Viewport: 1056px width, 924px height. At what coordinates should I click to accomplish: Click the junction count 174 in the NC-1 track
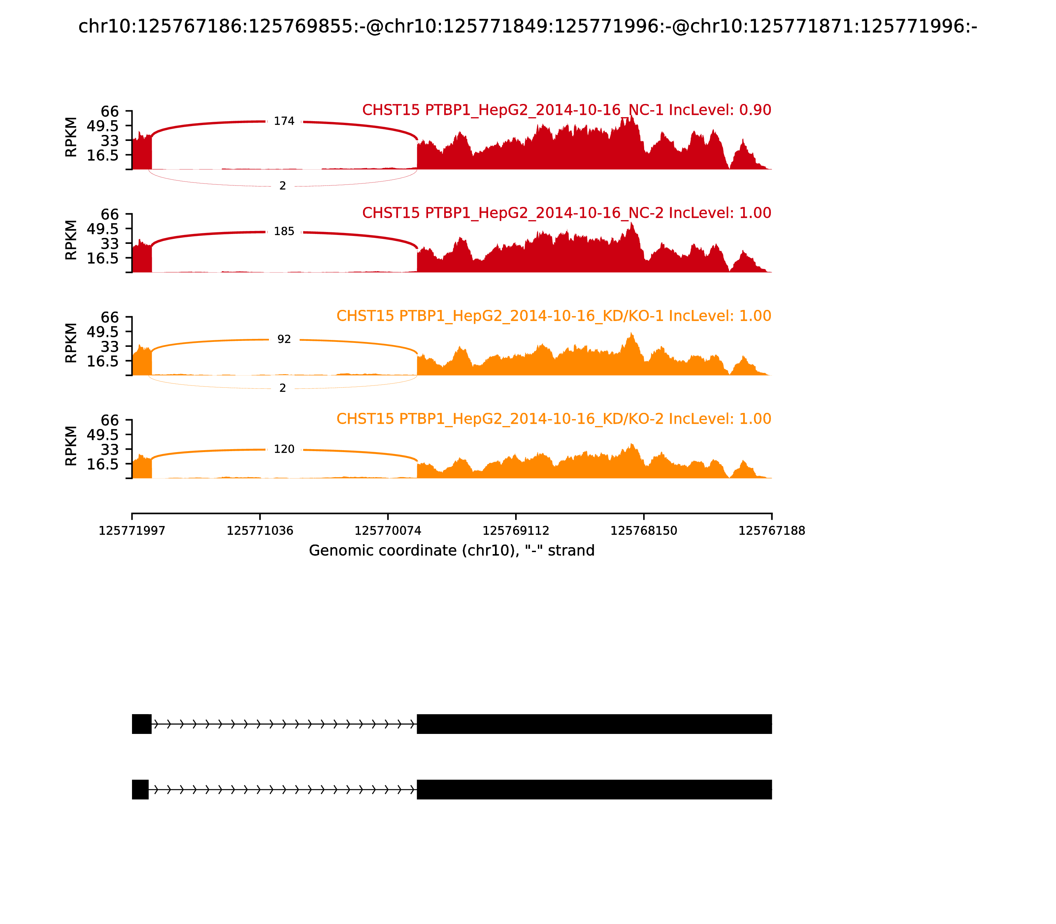pos(283,121)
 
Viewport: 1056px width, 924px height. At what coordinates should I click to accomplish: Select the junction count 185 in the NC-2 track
pos(283,232)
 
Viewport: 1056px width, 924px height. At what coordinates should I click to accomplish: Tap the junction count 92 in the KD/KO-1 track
pos(283,339)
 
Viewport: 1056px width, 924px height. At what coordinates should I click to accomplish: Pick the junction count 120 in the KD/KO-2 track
pos(283,449)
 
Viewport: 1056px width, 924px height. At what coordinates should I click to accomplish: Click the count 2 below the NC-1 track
pos(282,185)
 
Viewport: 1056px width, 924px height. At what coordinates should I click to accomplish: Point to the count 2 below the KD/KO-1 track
pos(282,388)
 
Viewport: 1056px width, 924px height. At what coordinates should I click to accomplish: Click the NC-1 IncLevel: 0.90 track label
pos(566,110)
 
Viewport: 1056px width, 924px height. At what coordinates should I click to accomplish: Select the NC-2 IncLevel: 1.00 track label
pos(566,213)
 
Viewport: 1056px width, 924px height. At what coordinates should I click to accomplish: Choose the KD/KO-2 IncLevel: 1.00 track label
pos(553,419)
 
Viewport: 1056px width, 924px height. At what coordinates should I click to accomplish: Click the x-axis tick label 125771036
pos(260,531)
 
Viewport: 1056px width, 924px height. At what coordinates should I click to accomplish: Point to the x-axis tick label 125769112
pos(515,531)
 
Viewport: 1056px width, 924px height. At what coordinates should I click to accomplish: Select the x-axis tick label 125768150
pos(643,531)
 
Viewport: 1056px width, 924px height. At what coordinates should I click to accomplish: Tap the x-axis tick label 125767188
pos(772,531)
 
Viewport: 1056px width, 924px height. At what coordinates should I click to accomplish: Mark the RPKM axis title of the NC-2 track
pos(71,240)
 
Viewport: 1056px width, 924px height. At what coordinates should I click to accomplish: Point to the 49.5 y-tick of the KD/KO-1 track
pos(103,332)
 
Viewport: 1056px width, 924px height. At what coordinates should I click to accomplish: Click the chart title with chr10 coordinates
pos(527,26)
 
